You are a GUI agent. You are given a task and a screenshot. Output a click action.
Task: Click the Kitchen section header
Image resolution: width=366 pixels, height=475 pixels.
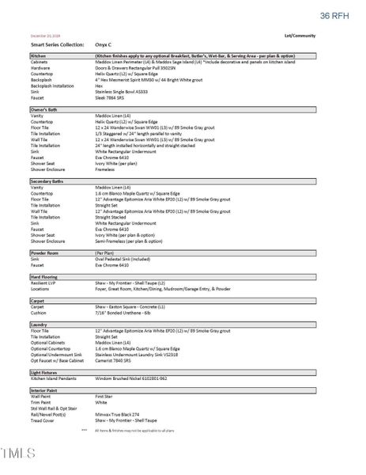pyautogui.click(x=38, y=57)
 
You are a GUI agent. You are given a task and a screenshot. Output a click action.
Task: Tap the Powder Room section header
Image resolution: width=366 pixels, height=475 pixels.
pyautogui.click(x=43, y=253)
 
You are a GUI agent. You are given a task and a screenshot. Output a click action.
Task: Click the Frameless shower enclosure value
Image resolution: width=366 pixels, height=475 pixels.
pyautogui.click(x=105, y=169)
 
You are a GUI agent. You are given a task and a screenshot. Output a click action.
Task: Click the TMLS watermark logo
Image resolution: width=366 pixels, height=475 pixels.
pyautogui.click(x=19, y=453)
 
